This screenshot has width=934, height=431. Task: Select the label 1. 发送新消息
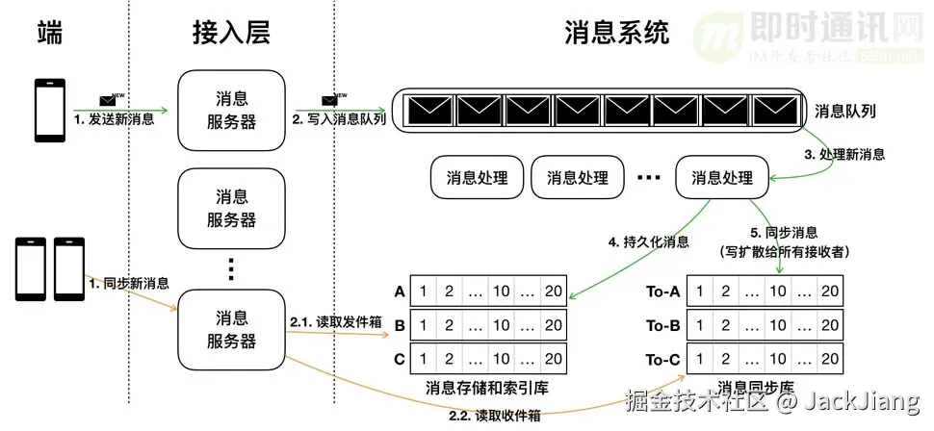click(x=114, y=119)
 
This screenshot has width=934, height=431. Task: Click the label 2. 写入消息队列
click(x=340, y=119)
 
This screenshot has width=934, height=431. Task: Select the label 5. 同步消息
click(x=783, y=232)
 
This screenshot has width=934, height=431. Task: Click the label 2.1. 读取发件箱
click(x=334, y=323)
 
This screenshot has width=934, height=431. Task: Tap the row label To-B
click(x=664, y=325)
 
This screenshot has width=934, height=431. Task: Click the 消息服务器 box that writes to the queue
click(x=231, y=112)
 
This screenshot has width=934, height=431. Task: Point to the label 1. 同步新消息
click(x=129, y=284)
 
